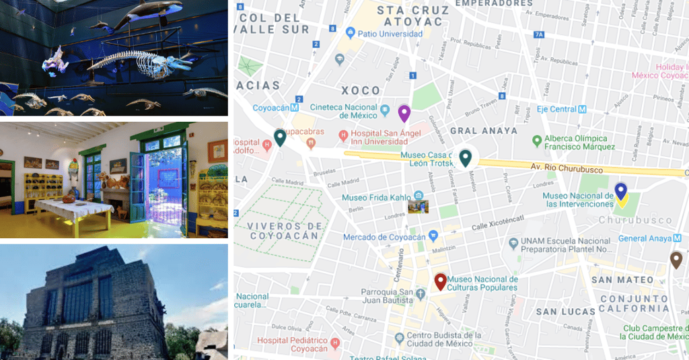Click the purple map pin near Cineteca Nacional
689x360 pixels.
[x=404, y=112]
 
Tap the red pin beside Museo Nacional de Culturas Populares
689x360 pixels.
[x=441, y=281]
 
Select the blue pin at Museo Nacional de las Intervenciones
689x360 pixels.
[x=621, y=190]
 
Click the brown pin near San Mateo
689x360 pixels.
[x=676, y=259]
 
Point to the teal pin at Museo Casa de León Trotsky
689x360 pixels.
[x=465, y=157]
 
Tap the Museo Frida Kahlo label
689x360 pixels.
[x=375, y=198]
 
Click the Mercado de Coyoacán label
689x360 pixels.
[x=384, y=237]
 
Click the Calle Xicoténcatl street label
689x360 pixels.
[x=498, y=223]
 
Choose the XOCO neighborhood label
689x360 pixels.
[x=360, y=90]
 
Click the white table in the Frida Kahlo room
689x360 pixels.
[x=73, y=209]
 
